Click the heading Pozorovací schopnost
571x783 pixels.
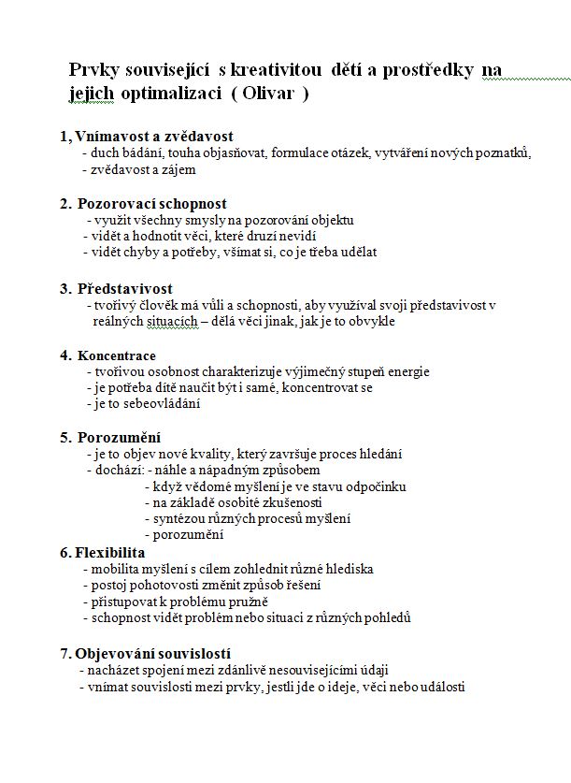point(151,203)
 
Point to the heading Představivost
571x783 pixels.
point(124,288)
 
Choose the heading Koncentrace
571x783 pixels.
point(117,355)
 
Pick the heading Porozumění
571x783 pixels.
point(119,437)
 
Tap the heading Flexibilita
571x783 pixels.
point(110,552)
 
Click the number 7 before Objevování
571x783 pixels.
point(63,653)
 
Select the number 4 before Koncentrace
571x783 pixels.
point(64,355)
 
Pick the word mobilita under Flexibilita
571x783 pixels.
point(115,569)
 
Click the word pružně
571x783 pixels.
point(247,602)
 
